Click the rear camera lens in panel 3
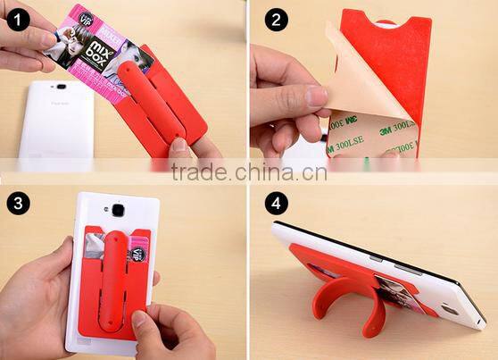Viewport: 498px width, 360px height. pyautogui.click(x=116, y=211)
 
